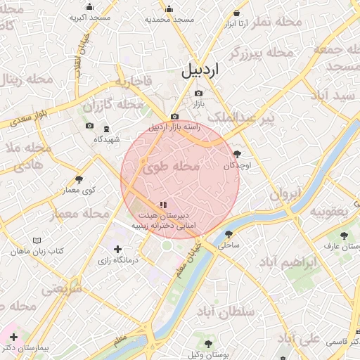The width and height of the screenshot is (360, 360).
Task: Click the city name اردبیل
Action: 200,70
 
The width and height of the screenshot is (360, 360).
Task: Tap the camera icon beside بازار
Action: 198,94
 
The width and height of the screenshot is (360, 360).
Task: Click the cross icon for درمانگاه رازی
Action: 117,250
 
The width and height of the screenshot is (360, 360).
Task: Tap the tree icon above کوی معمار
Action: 78,179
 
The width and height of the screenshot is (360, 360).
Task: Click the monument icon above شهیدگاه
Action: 106,129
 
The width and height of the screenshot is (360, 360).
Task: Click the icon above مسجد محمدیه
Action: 169,9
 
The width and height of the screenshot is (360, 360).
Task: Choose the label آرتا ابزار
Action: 237,23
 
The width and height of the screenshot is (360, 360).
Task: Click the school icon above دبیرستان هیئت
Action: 163,205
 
